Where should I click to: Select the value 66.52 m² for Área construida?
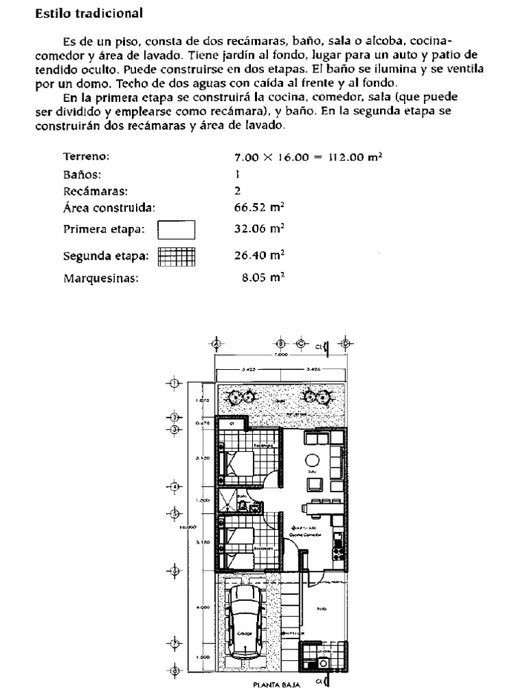pos(259,208)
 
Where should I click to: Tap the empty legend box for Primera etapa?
pos(176,230)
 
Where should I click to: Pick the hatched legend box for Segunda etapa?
pos(176,256)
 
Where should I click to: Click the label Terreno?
pos(86,157)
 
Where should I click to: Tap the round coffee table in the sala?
pos(312,460)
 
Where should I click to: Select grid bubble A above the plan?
pos(217,343)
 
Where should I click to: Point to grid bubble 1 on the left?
pos(174,384)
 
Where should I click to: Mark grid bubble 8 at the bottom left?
pos(174,671)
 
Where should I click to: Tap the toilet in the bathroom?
pos(243,506)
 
